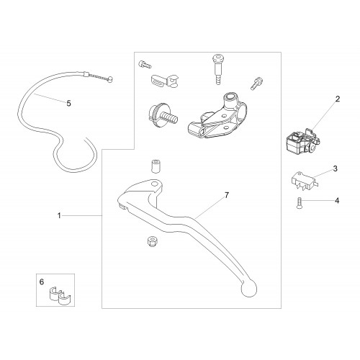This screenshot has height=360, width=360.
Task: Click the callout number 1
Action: [59, 216]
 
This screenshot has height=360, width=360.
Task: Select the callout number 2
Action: [338, 99]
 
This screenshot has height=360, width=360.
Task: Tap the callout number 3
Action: [335, 168]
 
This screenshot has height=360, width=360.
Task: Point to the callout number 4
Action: [337, 201]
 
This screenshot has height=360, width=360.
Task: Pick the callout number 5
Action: [69, 104]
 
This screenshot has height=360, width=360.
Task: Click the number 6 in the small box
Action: [42, 282]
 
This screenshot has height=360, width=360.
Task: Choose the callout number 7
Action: [227, 195]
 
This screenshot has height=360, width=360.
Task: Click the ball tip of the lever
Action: [249, 289]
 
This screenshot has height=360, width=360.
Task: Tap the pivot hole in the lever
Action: [155, 184]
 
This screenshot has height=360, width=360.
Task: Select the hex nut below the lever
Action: [152, 241]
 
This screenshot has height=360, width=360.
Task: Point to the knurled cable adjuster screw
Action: [163, 116]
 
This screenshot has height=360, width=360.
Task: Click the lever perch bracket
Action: [217, 117]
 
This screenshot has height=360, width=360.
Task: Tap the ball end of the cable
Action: [110, 79]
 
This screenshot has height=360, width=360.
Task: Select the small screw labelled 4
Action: [299, 202]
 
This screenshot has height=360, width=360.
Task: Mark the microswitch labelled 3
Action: [305, 181]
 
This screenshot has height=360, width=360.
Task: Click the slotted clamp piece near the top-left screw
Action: [165, 81]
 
